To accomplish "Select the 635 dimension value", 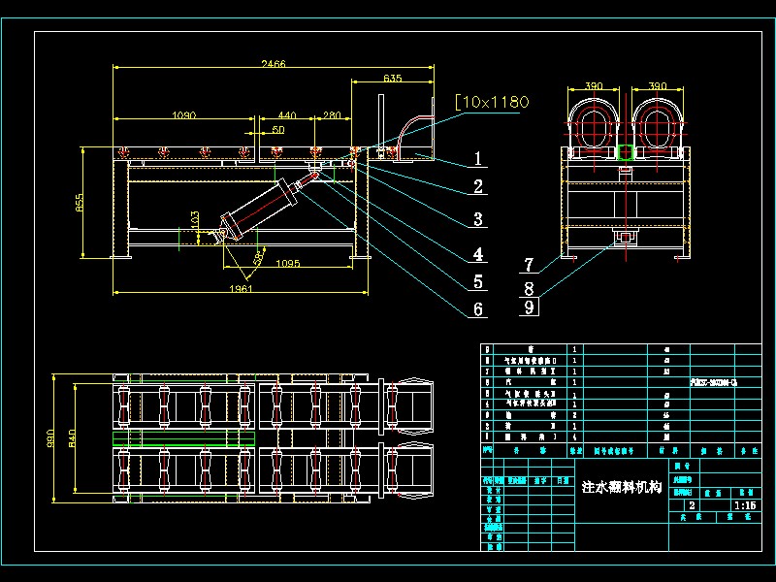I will coord(393,78).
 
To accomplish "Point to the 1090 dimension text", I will coord(183,115).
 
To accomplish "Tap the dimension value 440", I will coord(286,115).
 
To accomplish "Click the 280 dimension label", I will coord(332,115).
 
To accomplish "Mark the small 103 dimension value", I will coord(195,221).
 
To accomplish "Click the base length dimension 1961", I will coord(240,289).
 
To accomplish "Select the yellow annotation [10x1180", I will coord(492,101).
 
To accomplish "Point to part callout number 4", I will coord(477,254).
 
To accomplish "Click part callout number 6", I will coord(477,309).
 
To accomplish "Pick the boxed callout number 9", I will coord(528,307).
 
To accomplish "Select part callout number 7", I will coord(528,264).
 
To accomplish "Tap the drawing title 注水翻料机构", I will coord(620,487).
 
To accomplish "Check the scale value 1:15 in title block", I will coord(745,505).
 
